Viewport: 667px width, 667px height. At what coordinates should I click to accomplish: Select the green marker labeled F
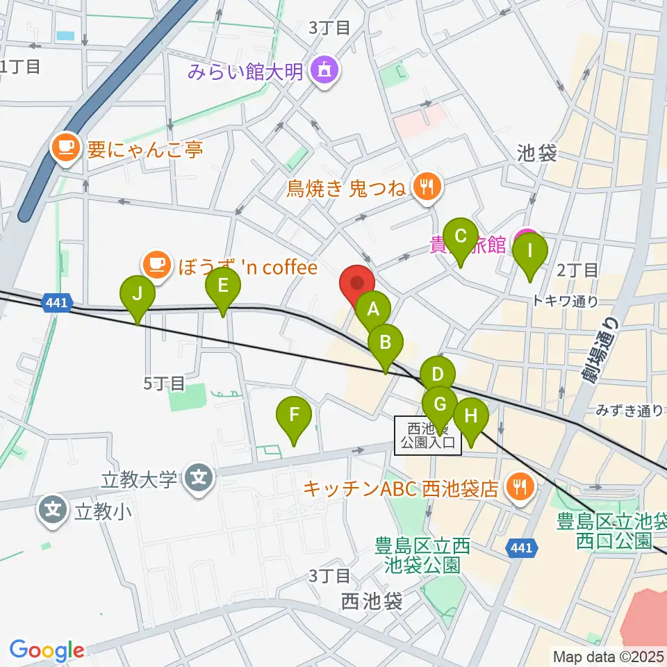(x=294, y=415)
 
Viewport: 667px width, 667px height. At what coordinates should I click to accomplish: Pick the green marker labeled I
(x=529, y=250)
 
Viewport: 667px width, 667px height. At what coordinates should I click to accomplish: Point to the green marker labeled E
(x=223, y=285)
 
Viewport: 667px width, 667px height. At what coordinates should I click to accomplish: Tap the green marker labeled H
(x=471, y=417)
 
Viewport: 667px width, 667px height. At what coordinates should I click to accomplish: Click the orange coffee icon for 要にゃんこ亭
(x=66, y=147)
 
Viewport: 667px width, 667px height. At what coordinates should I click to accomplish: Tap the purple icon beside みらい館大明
(x=323, y=70)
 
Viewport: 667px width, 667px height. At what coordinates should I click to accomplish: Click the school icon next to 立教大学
(x=199, y=479)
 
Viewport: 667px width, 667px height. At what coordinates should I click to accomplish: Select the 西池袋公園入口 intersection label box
(x=428, y=436)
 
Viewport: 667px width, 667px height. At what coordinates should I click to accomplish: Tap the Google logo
(x=47, y=651)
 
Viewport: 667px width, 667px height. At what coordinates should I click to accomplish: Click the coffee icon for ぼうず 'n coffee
(x=156, y=265)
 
